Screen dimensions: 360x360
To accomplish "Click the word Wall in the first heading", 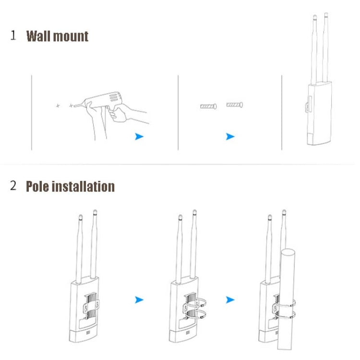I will point(38,36).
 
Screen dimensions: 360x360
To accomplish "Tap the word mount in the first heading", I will point(71,36).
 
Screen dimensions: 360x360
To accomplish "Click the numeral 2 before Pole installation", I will point(13,186).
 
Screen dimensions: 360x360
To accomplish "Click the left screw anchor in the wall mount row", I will point(208,106).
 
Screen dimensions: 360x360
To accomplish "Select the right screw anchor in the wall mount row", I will point(235,105).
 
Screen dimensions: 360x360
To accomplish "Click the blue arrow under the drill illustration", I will point(139,137).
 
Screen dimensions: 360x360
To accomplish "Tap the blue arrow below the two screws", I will point(230,137).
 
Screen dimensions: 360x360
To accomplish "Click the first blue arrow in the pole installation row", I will point(139,300).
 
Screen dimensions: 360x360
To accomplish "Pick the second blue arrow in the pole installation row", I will point(230,300).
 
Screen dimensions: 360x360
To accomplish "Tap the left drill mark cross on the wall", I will point(58,105).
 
